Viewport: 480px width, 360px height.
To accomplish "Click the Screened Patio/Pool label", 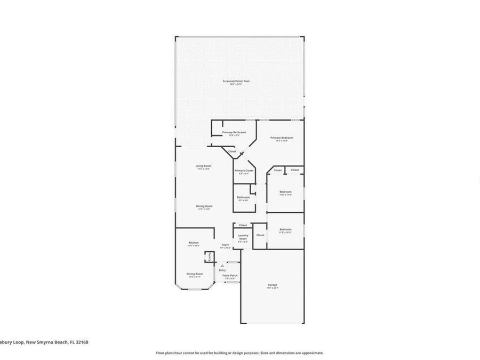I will [236, 81].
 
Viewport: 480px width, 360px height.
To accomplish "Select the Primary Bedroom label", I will [282, 138].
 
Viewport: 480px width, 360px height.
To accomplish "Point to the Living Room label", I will [203, 166].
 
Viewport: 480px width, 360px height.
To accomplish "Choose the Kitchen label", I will [194, 243].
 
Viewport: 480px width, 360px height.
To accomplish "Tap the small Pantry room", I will [209, 257].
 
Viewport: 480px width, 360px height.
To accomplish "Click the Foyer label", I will [225, 245].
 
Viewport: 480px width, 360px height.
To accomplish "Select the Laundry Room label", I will [243, 237].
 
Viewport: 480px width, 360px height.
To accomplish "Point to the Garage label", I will [273, 285].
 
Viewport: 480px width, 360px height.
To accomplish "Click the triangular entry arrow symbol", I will [222, 265].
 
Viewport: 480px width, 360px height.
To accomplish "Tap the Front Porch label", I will [230, 275].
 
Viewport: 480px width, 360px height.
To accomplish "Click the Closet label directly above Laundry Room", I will [243, 225].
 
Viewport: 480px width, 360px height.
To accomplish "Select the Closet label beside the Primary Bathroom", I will [232, 151].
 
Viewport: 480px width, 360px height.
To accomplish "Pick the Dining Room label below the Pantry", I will [194, 274].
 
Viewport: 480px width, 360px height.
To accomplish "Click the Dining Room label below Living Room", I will [204, 206].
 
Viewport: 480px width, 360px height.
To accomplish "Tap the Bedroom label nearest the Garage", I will [285, 229].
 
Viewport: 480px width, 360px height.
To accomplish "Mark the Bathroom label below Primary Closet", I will [243, 197].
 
